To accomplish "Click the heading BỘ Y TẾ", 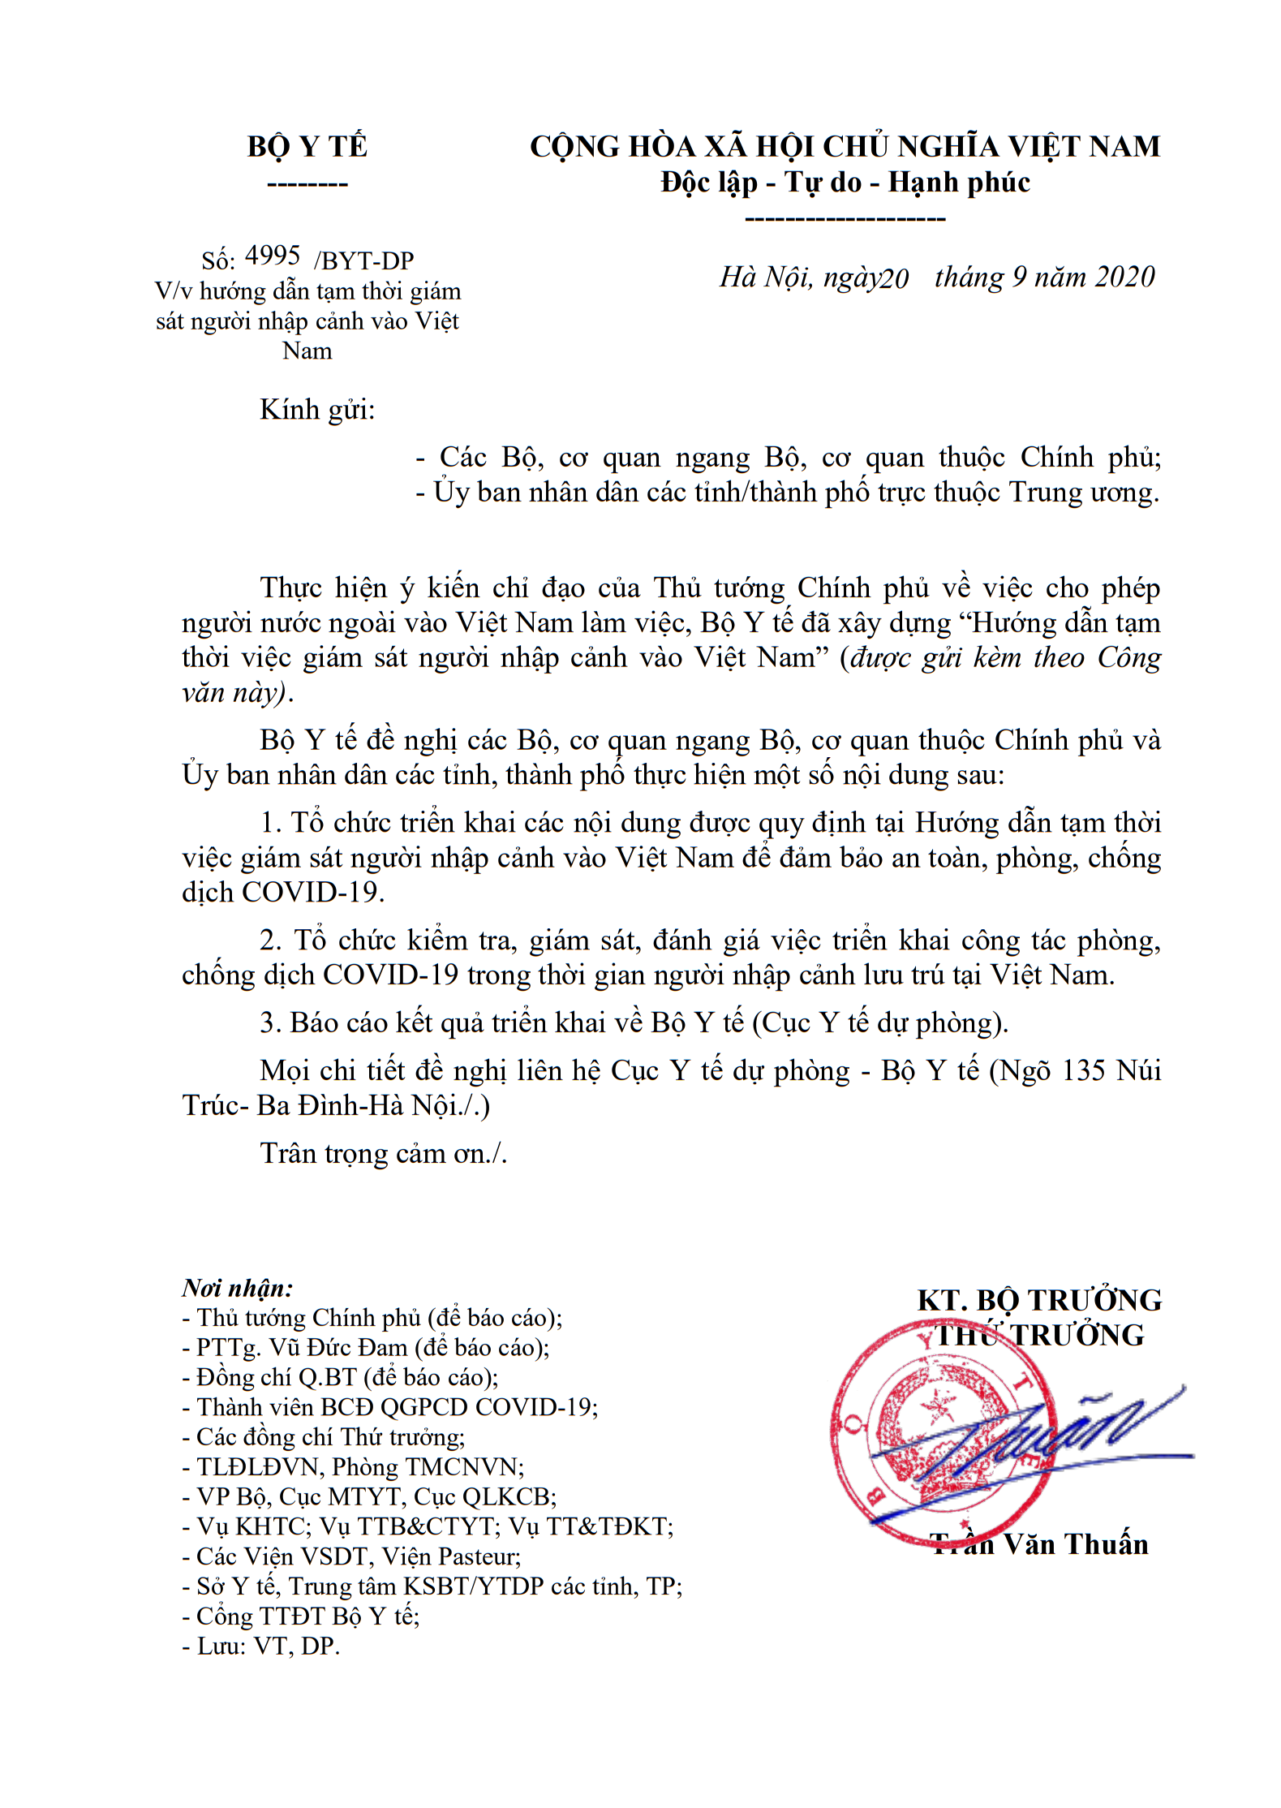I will pos(307,147).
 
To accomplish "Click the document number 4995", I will pos(273,256).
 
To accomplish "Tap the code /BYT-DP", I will pos(364,260).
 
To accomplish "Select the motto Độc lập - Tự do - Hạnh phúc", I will pos(845,183).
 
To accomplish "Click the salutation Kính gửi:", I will pos(317,410).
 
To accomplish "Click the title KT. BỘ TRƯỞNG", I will pos(1039,1300).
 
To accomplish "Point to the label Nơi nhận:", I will pos(237,1288).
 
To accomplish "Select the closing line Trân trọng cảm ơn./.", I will pos(383,1153).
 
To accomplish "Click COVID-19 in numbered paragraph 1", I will pos(311,893).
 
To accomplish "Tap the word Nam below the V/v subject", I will pos(307,351).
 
